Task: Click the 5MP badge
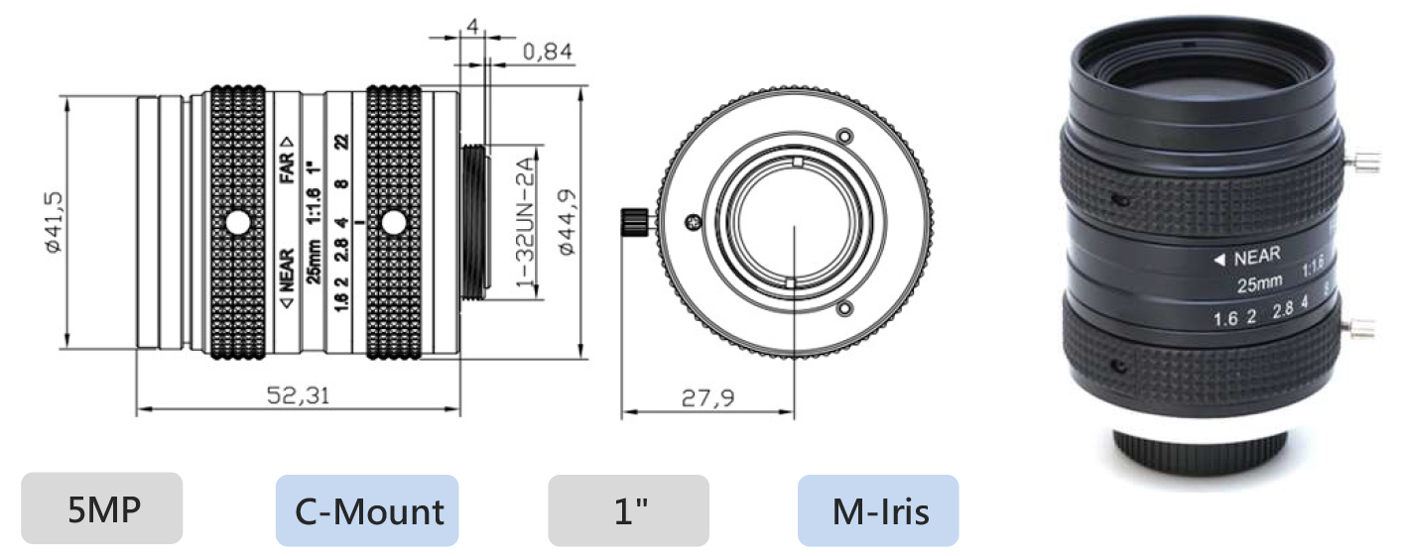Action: pos(101,509)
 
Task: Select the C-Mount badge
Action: pos(367,510)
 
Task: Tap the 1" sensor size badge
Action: pos(628,510)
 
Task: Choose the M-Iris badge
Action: pos(878,510)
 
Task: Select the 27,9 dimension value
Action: pos(707,397)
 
